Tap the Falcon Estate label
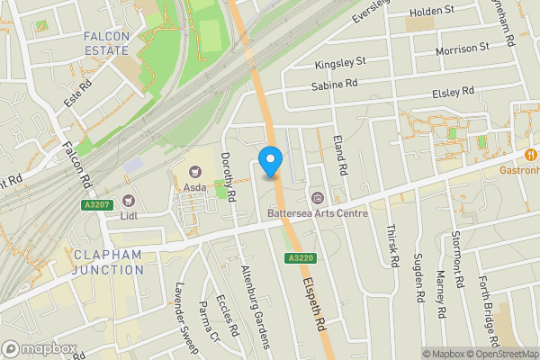click(x=107, y=43)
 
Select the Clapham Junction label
click(x=109, y=262)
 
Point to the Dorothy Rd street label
click(x=229, y=175)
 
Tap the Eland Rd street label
click(x=340, y=152)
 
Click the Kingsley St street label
click(x=341, y=63)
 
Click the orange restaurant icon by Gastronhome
click(x=532, y=155)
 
